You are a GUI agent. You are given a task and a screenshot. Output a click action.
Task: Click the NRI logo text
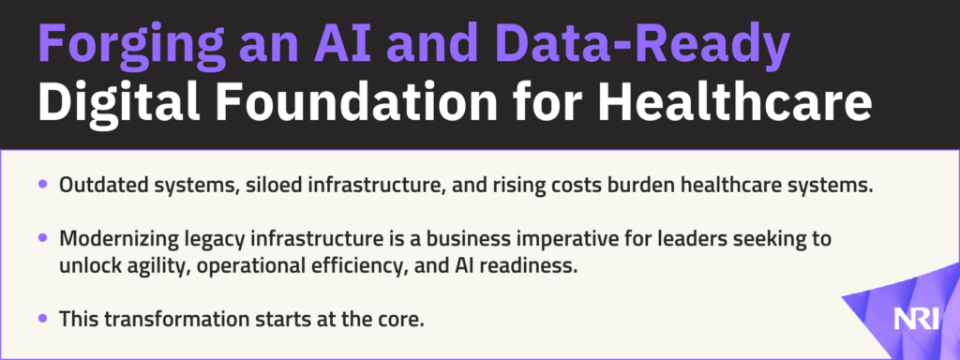pyautogui.click(x=915, y=319)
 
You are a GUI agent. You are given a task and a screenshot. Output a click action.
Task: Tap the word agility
pyautogui.click(x=144, y=268)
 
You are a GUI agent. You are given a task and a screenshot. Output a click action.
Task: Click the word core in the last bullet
pyautogui.click(x=403, y=321)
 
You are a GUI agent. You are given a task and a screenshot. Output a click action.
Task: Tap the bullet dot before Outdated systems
pyautogui.click(x=42, y=184)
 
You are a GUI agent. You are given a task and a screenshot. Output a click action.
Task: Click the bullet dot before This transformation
pyautogui.click(x=42, y=318)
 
